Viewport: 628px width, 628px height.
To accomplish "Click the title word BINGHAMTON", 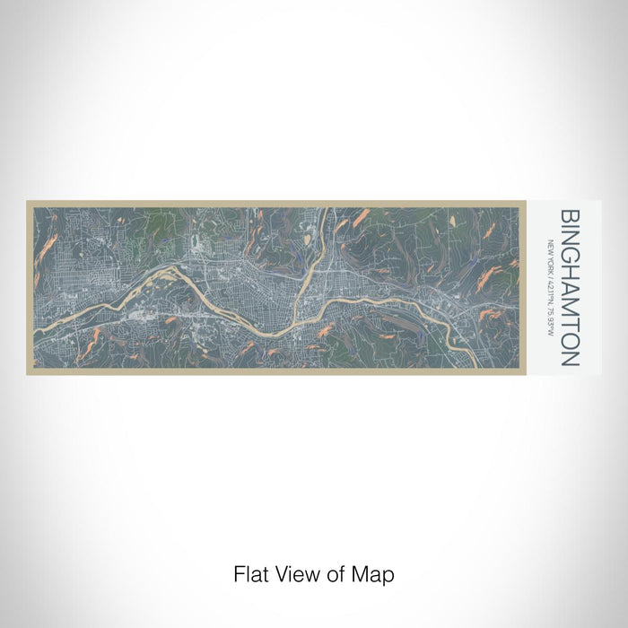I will click(571, 288).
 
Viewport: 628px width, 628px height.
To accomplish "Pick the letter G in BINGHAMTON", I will click(571, 254).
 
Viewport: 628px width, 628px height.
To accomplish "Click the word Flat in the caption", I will click(250, 572).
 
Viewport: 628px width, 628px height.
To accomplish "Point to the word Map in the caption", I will click(375, 572).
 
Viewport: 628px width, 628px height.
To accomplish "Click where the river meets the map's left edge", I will click(33, 324).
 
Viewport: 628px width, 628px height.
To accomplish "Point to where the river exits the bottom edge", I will click(454, 367).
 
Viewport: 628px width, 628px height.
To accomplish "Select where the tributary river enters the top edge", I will click(328, 208).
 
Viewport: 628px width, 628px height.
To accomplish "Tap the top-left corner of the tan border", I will click(28, 202).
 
